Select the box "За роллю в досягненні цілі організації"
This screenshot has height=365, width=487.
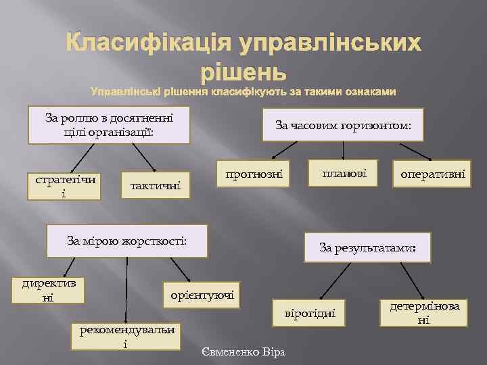coord(109,125)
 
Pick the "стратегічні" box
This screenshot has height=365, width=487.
coord(64,186)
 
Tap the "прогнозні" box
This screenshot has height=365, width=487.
coord(252,174)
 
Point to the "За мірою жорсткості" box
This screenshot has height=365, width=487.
coord(126,240)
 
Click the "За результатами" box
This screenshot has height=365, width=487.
coord(367,247)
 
